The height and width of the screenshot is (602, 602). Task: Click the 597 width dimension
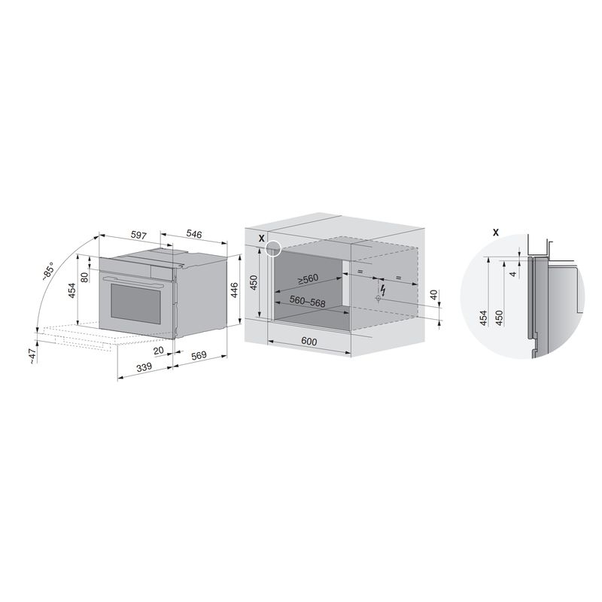[x=138, y=235]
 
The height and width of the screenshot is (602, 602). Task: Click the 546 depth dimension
[x=194, y=233]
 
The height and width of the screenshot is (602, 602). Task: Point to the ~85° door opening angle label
[x=49, y=272]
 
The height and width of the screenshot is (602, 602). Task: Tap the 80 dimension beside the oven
[x=84, y=275]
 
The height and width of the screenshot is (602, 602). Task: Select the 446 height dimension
[x=234, y=290]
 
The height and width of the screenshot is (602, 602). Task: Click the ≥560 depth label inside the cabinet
[x=308, y=279]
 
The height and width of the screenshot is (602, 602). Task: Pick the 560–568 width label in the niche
[x=307, y=302]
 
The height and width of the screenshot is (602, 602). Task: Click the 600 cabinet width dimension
[x=309, y=341]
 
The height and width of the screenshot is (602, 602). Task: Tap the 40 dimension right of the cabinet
[x=434, y=295]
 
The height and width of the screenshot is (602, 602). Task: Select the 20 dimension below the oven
[x=159, y=350]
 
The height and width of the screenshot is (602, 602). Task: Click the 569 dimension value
[x=199, y=355]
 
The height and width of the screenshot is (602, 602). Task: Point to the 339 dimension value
[x=144, y=367]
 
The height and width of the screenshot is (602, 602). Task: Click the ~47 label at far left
[x=33, y=356]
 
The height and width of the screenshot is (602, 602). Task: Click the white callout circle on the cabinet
[x=273, y=248]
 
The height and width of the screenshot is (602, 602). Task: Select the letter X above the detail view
[x=496, y=233]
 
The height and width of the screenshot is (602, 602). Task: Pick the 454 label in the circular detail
[x=483, y=318]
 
